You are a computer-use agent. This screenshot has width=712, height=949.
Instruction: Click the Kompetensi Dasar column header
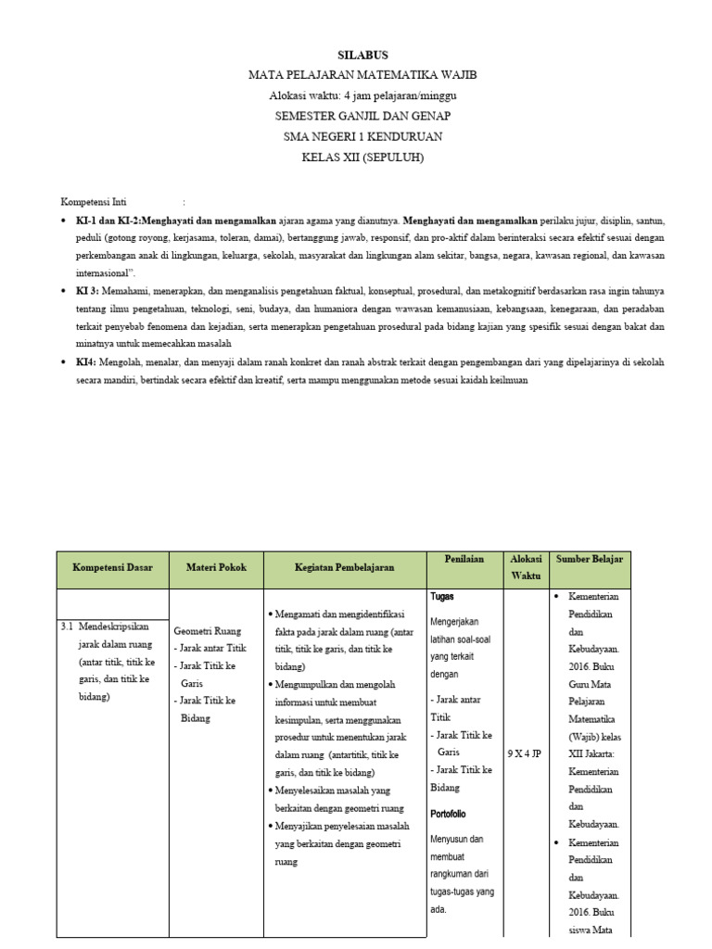pyautogui.click(x=112, y=567)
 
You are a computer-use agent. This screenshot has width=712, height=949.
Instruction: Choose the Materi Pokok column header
pyautogui.click(x=216, y=567)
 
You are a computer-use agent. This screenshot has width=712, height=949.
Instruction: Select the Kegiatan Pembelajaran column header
pyautogui.click(x=344, y=567)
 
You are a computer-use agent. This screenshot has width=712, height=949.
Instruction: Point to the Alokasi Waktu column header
pyautogui.click(x=526, y=567)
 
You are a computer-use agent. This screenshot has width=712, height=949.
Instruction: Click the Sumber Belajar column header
pyautogui.click(x=590, y=559)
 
